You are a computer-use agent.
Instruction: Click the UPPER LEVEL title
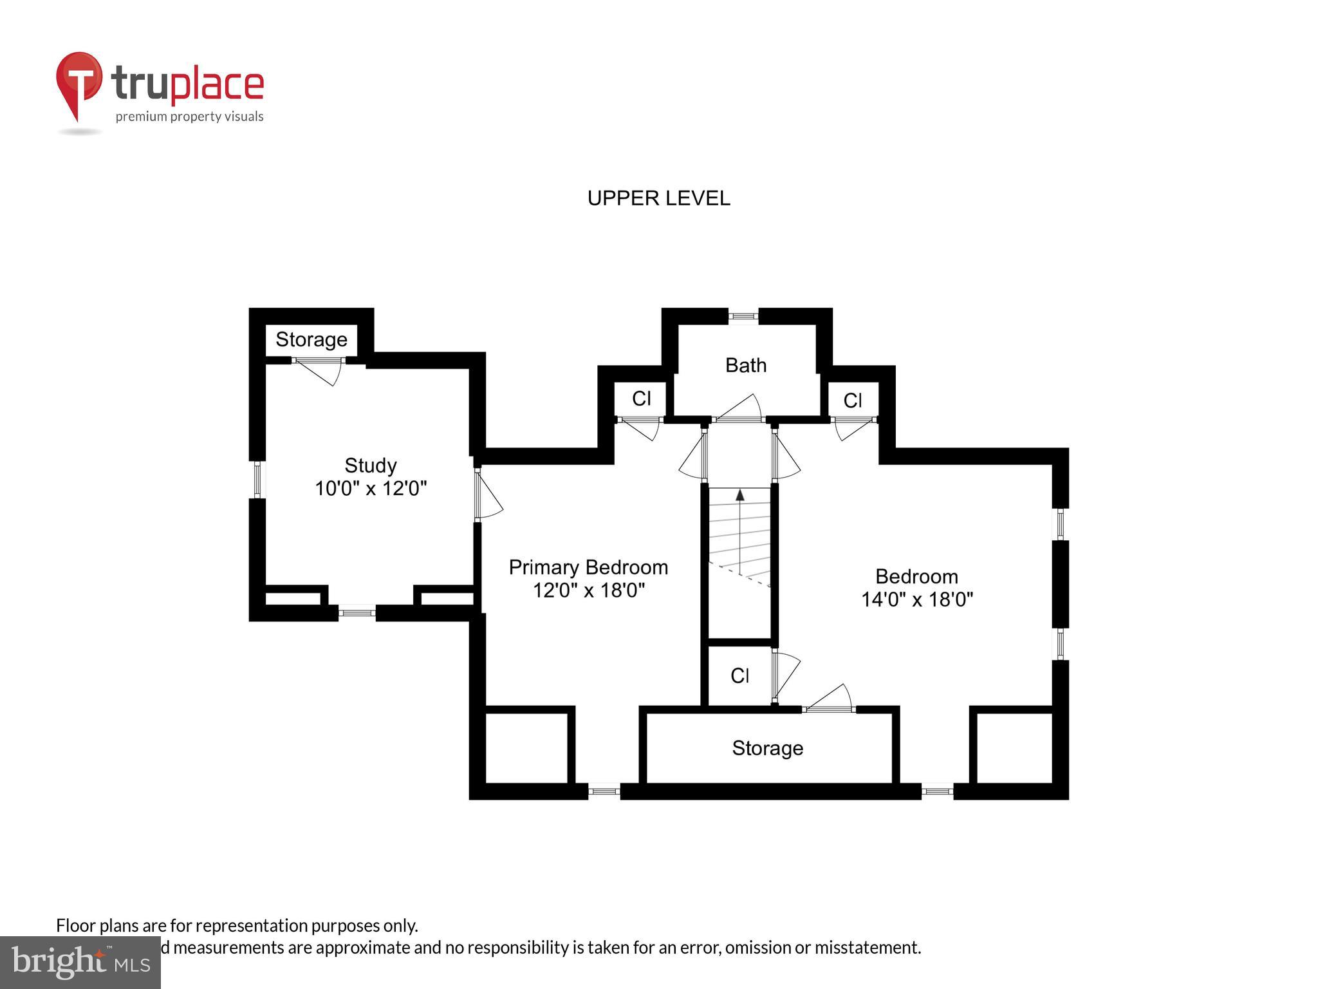[658, 198]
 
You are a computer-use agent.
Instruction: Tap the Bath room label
[745, 365]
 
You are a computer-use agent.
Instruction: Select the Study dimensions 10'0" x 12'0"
[371, 489]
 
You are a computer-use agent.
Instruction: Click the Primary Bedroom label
[588, 567]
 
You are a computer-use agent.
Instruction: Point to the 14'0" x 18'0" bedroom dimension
[916, 599]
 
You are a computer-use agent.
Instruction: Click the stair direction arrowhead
[739, 495]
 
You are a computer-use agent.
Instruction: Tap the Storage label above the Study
[311, 339]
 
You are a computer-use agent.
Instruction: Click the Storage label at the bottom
[767, 748]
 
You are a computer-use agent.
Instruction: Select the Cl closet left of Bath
[641, 399]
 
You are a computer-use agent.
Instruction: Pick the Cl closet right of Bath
[852, 400]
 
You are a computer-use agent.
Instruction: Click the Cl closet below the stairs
[739, 675]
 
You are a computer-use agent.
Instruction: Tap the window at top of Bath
[743, 316]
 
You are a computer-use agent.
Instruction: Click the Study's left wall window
[257, 479]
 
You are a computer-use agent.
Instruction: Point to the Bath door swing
[740, 408]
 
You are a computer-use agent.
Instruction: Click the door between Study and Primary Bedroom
[487, 494]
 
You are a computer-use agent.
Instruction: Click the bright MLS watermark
[80, 962]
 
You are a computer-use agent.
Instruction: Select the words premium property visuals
[189, 117]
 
